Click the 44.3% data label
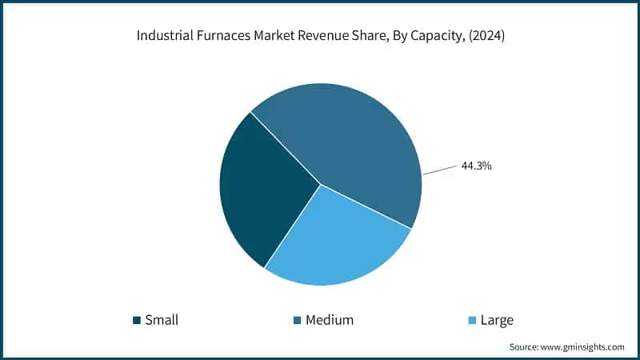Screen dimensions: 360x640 (476, 166)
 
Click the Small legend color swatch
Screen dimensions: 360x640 (137, 321)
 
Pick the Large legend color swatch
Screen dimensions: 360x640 (471, 321)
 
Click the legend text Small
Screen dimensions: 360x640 (162, 320)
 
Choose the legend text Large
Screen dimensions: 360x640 (497, 320)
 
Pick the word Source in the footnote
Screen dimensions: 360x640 (523, 346)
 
